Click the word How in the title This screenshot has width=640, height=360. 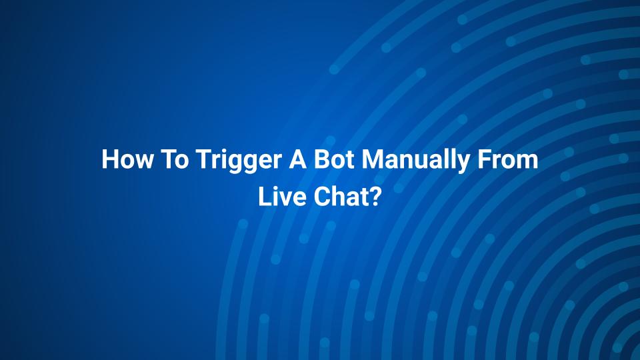[127, 159]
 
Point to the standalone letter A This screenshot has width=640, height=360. [298, 159]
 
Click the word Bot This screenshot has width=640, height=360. [334, 159]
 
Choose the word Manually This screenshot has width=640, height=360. [415, 161]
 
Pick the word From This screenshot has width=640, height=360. [508, 159]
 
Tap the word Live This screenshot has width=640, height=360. [282, 196]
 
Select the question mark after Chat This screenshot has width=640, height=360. [375, 196]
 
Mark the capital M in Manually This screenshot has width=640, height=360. [372, 159]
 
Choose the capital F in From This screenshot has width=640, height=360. [484, 159]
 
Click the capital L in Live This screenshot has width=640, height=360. [265, 196]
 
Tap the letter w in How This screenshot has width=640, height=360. [143, 161]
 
